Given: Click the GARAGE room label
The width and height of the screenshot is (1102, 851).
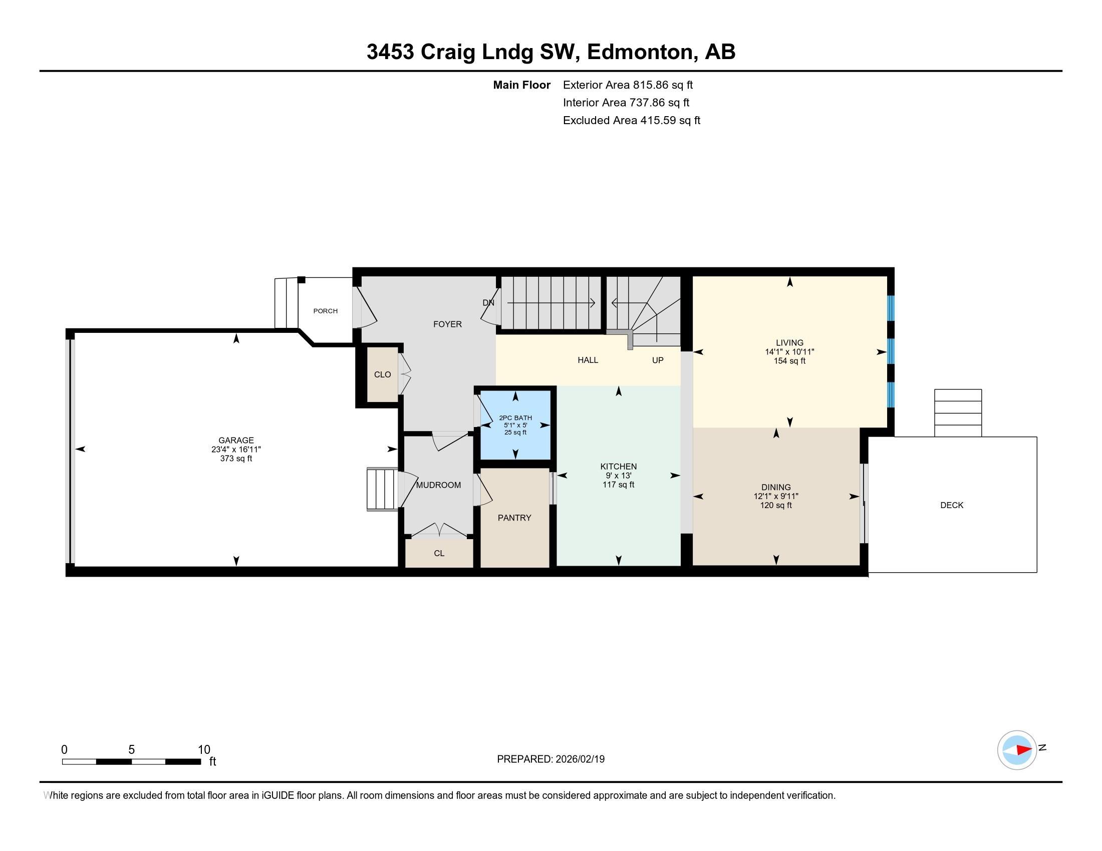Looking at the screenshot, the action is [x=236, y=440].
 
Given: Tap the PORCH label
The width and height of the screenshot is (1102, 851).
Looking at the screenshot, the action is [x=326, y=311].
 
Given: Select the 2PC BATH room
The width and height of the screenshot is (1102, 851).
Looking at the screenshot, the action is [x=515, y=424].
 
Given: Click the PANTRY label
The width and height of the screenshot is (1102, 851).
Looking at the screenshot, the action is [x=514, y=518].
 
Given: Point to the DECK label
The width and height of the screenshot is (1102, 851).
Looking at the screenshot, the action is [x=952, y=505].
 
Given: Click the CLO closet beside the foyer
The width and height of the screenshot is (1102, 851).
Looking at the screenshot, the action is [x=383, y=374].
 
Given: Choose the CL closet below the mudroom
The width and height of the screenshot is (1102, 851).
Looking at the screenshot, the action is [x=439, y=553].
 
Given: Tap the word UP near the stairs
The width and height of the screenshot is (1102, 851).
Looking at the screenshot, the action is [x=658, y=360].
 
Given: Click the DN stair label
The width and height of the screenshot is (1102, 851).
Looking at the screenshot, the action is [x=488, y=303].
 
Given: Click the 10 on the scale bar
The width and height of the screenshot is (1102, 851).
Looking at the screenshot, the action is [x=204, y=750].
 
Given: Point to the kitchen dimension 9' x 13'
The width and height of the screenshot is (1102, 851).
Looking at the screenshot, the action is [x=619, y=476].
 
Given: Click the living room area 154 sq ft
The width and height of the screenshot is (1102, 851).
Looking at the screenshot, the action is [x=789, y=361].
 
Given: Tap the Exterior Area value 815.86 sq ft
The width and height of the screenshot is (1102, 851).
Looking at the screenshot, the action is [x=663, y=85].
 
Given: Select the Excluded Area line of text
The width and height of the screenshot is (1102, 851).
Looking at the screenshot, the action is [x=632, y=120].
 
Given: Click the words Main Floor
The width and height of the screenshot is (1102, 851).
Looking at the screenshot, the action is [x=522, y=85].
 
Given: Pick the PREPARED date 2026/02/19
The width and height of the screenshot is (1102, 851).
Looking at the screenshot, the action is [x=579, y=759].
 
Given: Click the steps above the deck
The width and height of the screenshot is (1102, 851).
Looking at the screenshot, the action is [x=958, y=413].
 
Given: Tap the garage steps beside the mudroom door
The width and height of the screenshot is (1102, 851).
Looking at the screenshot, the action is [x=383, y=489].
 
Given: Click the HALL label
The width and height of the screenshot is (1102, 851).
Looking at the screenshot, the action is [x=588, y=360].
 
